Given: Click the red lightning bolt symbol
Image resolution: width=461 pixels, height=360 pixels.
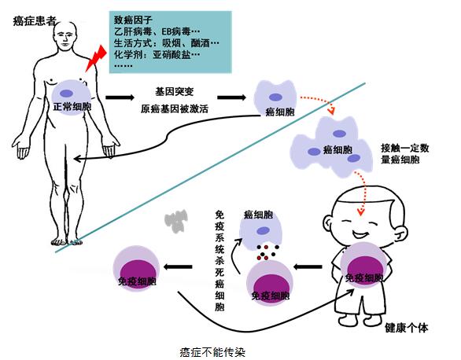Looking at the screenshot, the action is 96,59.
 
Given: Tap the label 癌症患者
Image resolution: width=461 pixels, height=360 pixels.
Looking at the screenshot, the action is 35,21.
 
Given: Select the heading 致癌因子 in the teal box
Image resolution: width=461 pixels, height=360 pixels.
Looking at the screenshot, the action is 133,20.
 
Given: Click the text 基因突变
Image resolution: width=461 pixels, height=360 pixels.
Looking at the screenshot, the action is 175,92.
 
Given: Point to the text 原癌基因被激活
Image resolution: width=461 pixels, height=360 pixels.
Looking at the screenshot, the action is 175,109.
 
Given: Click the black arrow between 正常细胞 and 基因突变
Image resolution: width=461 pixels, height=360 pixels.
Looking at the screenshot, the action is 120,97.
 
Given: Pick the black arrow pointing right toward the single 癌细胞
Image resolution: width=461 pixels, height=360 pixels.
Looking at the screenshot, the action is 231,97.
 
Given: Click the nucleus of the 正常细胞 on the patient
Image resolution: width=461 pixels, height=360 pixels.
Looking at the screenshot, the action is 66,94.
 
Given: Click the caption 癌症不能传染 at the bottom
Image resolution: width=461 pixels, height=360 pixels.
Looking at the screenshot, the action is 212,352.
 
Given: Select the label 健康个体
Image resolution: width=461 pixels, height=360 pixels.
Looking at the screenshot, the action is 407,328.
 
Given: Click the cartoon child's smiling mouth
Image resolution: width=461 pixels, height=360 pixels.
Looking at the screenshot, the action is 361,233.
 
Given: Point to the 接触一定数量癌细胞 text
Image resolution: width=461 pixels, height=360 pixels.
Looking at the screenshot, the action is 405,154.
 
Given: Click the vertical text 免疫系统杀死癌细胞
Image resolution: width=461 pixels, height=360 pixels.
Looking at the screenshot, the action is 219,260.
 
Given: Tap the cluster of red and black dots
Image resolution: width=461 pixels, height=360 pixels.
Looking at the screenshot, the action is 267,252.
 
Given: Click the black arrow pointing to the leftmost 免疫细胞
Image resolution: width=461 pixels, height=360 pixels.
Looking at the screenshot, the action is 178,267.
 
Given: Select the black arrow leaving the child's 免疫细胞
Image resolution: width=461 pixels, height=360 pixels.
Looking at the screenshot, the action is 308,267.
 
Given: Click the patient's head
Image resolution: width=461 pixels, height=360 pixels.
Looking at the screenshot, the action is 66,35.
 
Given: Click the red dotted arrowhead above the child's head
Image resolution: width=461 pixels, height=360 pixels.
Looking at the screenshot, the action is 360,212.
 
